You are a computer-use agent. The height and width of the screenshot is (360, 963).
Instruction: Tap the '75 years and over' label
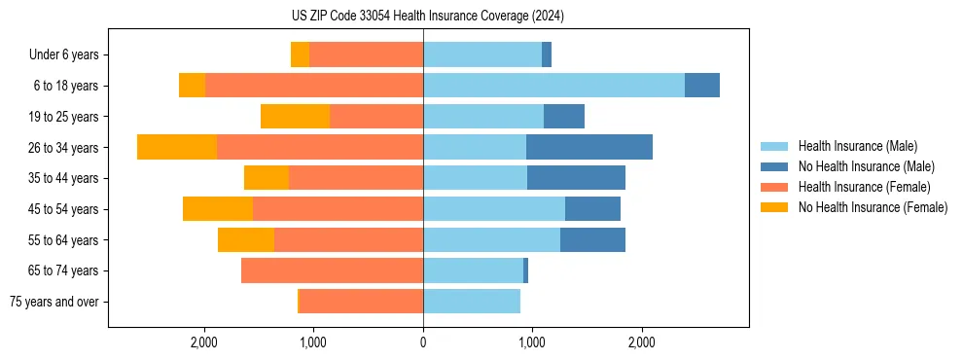tap(54, 302)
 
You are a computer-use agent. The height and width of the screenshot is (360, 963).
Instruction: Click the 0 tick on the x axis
tap(423, 342)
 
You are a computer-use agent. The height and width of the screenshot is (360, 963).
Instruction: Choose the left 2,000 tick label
tap(204, 342)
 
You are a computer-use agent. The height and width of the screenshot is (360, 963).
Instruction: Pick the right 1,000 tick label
tap(532, 342)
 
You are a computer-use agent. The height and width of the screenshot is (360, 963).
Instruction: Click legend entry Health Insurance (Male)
tap(857, 146)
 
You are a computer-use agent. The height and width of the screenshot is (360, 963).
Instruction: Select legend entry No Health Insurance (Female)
tap(873, 207)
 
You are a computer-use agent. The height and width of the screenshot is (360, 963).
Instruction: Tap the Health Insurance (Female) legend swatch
tap(775, 187)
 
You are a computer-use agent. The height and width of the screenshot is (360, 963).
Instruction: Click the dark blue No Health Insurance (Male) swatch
tap(775, 166)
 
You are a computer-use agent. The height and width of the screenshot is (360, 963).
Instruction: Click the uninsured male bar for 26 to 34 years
tap(589, 147)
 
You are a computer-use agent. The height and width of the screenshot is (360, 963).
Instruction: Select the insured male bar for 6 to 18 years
tap(553, 86)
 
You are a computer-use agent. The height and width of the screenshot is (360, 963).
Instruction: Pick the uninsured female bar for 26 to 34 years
tap(177, 147)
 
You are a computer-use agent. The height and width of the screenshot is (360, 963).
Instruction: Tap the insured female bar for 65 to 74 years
tap(332, 270)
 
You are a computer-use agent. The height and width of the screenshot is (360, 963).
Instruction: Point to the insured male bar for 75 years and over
tap(472, 302)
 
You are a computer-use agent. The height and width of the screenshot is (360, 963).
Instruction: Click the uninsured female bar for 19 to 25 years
tap(296, 117)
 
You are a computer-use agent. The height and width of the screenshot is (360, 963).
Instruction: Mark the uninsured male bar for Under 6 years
tap(547, 55)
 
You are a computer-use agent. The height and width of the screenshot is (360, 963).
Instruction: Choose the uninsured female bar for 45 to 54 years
tap(218, 209)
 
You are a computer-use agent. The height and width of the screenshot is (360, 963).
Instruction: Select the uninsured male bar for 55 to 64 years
tap(592, 239)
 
